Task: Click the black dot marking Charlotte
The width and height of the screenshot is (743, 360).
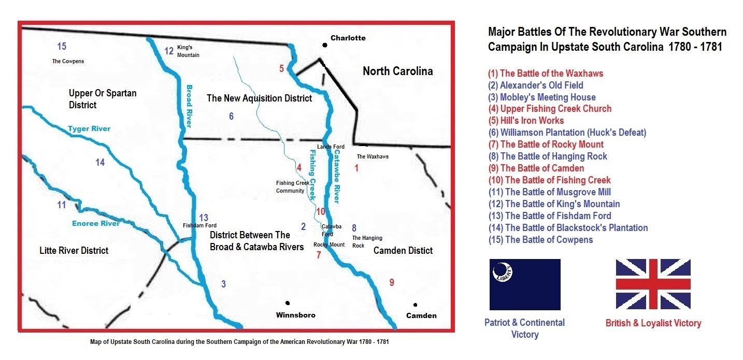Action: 324,45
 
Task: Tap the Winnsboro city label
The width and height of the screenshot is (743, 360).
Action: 295,315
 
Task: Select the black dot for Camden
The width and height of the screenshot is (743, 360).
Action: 415,305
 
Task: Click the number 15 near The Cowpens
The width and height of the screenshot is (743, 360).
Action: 62,47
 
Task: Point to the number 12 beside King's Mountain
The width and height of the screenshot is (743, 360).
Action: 169,51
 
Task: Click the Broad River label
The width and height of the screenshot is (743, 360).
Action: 189,106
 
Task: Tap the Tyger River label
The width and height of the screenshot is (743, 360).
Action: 89,128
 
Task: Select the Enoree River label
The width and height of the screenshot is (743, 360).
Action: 95,223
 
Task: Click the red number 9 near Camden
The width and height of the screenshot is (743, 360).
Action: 391,282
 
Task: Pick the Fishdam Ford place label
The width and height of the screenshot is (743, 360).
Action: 199,225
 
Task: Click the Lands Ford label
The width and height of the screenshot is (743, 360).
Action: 331,147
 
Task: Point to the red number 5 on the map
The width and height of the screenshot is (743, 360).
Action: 281,68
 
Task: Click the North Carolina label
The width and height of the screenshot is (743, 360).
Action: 397,71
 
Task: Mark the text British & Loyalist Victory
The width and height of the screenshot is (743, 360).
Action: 653,323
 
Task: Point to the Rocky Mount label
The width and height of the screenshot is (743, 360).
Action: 329,244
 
